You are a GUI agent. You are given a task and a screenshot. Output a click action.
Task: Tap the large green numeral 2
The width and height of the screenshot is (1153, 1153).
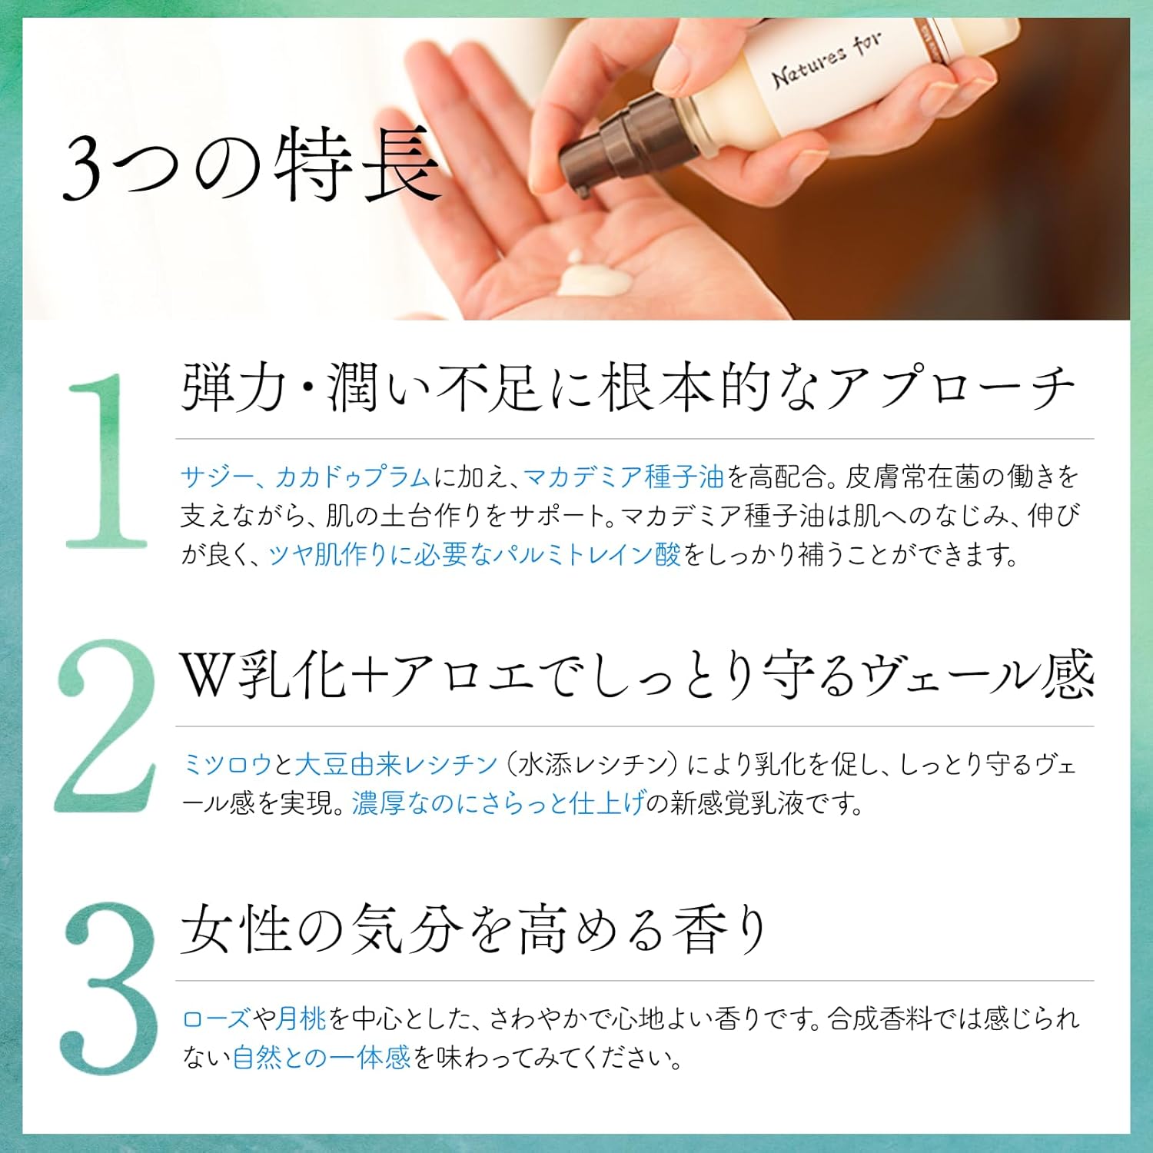point(105,726)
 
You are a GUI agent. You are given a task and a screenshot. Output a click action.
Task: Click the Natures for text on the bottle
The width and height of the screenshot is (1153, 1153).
point(826,60)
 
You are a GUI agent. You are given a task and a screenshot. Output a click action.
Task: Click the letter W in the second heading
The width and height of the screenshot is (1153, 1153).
point(205,675)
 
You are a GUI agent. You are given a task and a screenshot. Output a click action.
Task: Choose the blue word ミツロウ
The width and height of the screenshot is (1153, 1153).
point(227,765)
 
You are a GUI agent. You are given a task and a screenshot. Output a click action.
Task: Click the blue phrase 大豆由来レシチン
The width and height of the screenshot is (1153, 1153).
point(397,765)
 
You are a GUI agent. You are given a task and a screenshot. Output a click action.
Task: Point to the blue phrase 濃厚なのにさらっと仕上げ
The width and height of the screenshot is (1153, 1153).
point(498,803)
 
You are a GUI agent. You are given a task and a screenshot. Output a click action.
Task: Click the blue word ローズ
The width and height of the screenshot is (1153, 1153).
point(216,1019)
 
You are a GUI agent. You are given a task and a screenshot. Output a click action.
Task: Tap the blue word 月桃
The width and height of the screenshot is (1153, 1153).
point(302,1019)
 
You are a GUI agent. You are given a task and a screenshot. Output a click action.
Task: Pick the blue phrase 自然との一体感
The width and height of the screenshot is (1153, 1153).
point(322,1058)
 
